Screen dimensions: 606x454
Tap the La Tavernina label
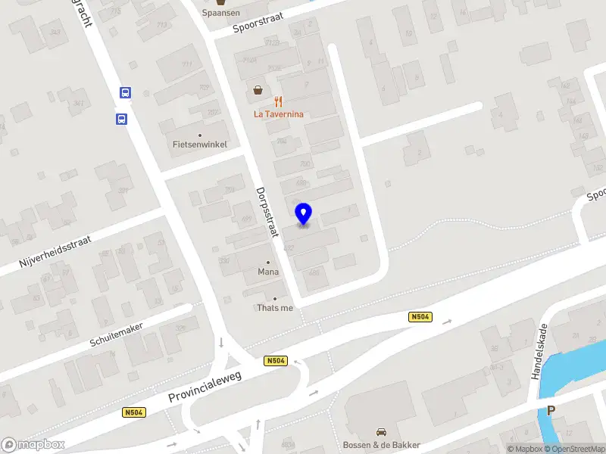tap(278, 114)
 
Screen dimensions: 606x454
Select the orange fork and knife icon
tap(278, 101)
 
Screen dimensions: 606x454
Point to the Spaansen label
tap(220, 14)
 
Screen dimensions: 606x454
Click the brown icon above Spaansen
tap(220, 2)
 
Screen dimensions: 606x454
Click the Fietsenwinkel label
tap(200, 145)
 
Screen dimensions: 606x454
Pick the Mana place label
tap(268, 272)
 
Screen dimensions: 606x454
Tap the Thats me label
tap(274, 307)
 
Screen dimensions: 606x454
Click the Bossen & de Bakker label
tap(381, 444)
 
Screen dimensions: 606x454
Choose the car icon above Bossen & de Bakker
tap(381, 432)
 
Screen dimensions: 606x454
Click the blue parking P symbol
tap(551, 411)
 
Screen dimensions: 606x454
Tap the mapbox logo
tap(33, 444)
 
